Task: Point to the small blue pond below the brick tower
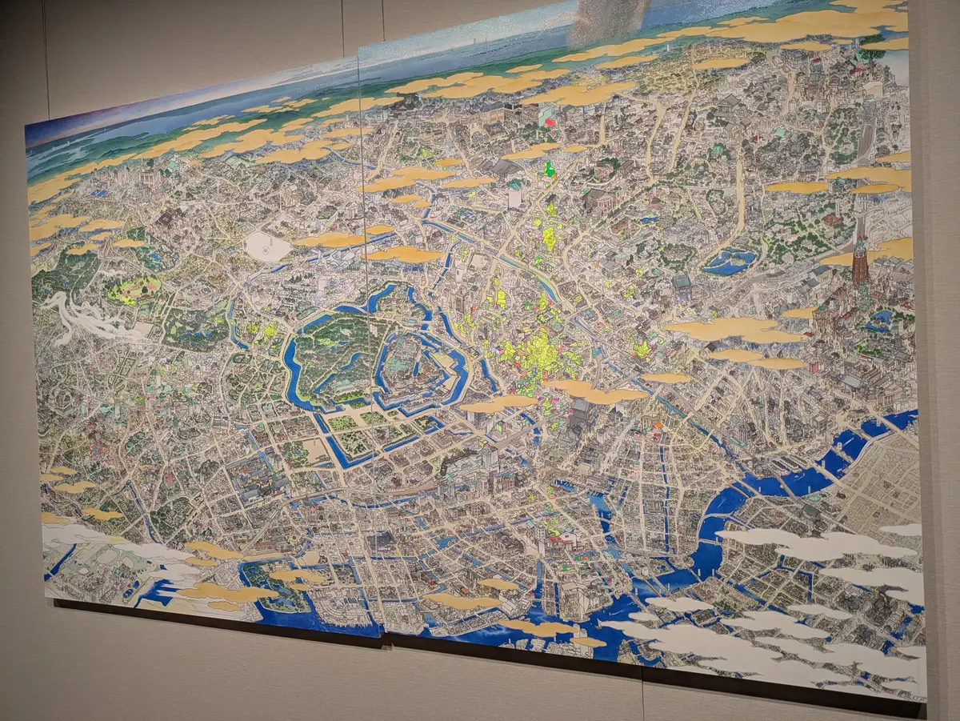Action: click(x=880, y=318)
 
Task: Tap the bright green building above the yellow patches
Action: click(x=549, y=169)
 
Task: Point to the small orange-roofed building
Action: click(x=658, y=426)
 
